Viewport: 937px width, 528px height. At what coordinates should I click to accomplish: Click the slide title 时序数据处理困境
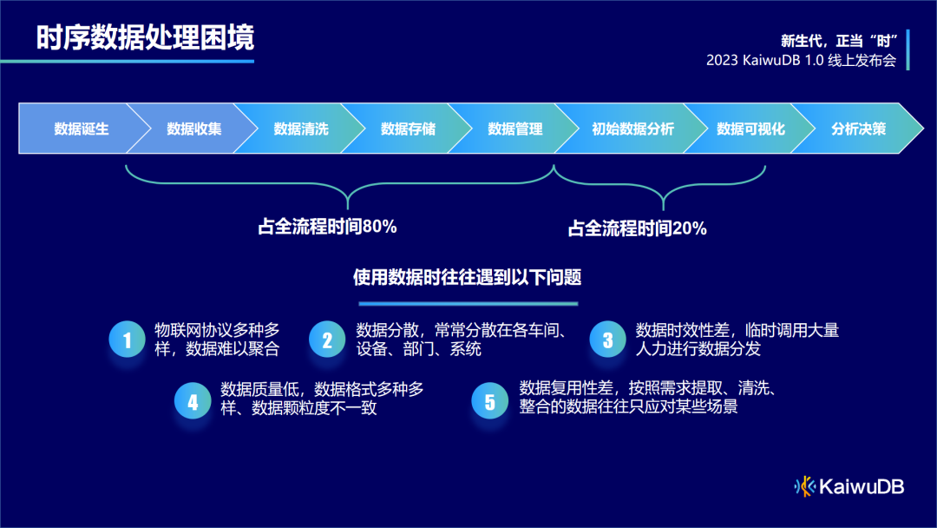pyautogui.click(x=146, y=39)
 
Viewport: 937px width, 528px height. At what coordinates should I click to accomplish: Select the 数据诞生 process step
pyautogui.click(x=81, y=129)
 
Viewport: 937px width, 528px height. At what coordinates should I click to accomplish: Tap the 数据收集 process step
pyautogui.click(x=193, y=129)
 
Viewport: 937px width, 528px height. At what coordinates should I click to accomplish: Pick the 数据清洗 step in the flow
pyautogui.click(x=301, y=129)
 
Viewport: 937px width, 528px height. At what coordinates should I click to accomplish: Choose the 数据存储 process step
pyautogui.click(x=408, y=129)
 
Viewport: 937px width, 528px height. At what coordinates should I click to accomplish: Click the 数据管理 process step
pyautogui.click(x=515, y=129)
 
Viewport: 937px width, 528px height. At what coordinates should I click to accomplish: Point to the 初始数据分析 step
pyautogui.click(x=632, y=129)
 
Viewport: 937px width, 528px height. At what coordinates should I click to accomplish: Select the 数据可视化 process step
pyautogui.click(x=750, y=129)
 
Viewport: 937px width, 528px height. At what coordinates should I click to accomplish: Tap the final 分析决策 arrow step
pyautogui.click(x=858, y=129)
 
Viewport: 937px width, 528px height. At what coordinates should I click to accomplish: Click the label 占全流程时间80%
pyautogui.click(x=327, y=227)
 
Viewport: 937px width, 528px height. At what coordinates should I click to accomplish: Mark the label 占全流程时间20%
pyautogui.click(x=637, y=228)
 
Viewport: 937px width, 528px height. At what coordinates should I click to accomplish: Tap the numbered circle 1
pyautogui.click(x=127, y=340)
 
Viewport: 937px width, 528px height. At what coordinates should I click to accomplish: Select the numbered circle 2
pyautogui.click(x=327, y=340)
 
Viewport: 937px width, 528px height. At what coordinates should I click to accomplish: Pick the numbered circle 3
pyautogui.click(x=607, y=340)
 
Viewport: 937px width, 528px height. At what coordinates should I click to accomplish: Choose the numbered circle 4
pyautogui.click(x=193, y=400)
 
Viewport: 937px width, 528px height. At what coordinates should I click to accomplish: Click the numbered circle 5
pyautogui.click(x=489, y=400)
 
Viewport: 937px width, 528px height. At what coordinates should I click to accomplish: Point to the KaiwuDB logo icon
pyautogui.click(x=805, y=486)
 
